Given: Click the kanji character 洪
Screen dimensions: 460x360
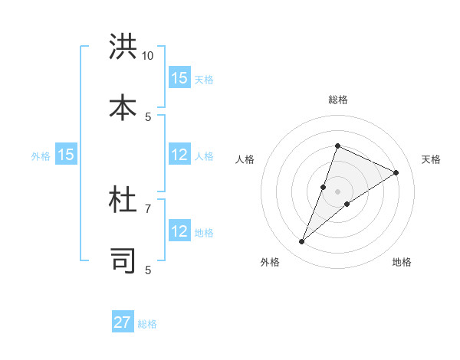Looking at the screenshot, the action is pos(123,47).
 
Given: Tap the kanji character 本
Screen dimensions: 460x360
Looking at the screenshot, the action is pos(123,106).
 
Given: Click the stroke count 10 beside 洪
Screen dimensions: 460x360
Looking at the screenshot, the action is pos(148,56).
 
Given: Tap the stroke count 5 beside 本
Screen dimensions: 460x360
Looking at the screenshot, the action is pos(148,116).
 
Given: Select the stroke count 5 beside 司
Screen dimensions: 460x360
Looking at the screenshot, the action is pos(148,270).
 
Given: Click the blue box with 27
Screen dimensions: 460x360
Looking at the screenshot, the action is pos(123,322).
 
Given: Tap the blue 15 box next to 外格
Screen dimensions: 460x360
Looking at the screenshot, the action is pos(66,155).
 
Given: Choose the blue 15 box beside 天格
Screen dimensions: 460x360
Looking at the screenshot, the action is pos(179,78).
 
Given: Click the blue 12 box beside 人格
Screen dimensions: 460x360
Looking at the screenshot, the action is pos(179,155).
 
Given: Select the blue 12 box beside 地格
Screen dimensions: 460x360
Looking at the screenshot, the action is pos(179,232).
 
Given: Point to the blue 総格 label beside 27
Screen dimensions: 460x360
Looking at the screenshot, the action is pos(147,324).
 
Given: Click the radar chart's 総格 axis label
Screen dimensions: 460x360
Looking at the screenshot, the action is pos(337,100).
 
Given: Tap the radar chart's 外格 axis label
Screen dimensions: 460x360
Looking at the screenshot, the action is pos(270,263).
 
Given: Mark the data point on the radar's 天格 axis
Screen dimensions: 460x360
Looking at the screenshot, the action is pos(396,172).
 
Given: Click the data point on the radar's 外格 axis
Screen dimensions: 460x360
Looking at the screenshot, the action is pos(301,242).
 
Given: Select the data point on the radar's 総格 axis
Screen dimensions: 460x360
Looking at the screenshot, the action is pos(337,146).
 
